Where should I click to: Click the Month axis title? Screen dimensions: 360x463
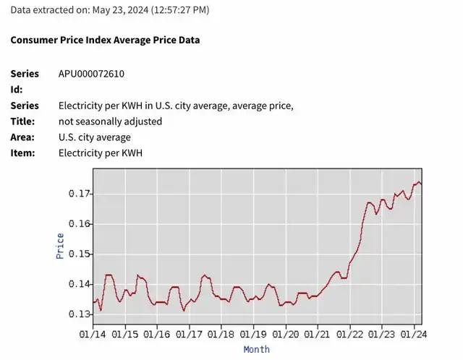tap(256, 350)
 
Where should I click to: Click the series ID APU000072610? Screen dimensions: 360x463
tap(96, 74)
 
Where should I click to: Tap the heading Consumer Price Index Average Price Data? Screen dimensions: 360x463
tap(105, 40)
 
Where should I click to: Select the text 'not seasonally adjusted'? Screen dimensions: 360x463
tap(110, 121)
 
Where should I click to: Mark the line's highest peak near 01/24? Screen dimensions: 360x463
tap(419, 181)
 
